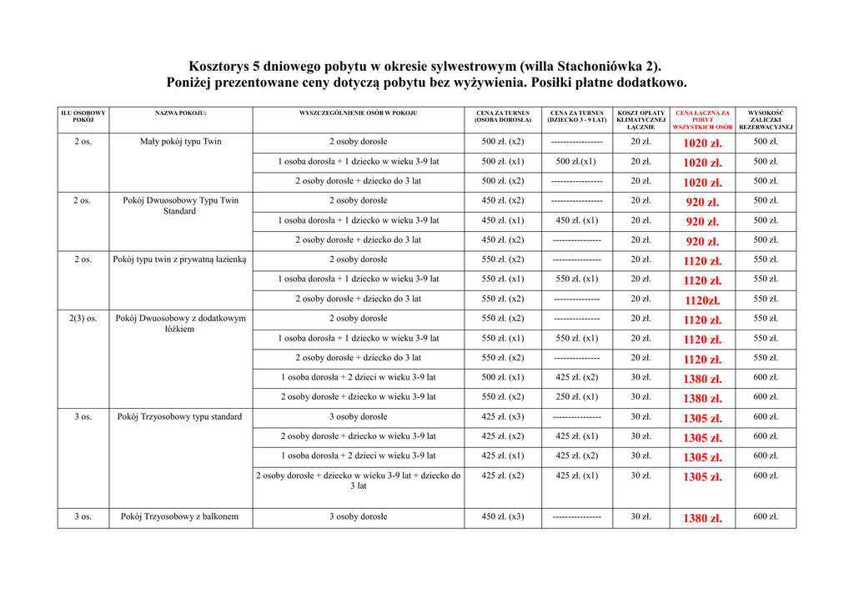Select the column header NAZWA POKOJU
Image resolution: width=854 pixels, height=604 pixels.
(180, 113)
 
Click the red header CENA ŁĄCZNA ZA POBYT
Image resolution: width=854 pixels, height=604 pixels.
(702, 119)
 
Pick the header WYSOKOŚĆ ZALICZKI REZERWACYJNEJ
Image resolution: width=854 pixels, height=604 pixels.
(766, 119)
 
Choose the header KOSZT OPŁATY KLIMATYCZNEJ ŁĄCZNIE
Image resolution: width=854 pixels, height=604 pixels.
(640, 119)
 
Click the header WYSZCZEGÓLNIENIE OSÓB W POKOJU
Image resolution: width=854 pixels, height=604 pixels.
(358, 113)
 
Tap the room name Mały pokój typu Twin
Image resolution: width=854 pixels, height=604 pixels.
(180, 142)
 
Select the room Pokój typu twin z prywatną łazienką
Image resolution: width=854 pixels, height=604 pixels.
(180, 259)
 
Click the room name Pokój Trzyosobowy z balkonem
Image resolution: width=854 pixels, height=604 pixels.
(180, 517)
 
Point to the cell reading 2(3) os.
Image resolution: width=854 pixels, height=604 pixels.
(83, 319)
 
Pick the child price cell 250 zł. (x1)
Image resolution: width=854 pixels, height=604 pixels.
(576, 397)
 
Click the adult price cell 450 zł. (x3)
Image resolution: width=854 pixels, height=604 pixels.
(503, 517)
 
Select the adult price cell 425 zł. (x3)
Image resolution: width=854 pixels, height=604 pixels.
(503, 417)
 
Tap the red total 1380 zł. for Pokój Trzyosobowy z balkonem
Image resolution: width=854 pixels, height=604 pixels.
(702, 518)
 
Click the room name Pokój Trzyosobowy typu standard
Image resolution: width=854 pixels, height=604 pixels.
(180, 417)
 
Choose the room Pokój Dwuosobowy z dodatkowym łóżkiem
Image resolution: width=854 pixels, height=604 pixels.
(180, 324)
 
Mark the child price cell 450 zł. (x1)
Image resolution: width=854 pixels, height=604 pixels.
(576, 221)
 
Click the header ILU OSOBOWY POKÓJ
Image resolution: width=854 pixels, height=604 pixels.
(83, 116)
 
